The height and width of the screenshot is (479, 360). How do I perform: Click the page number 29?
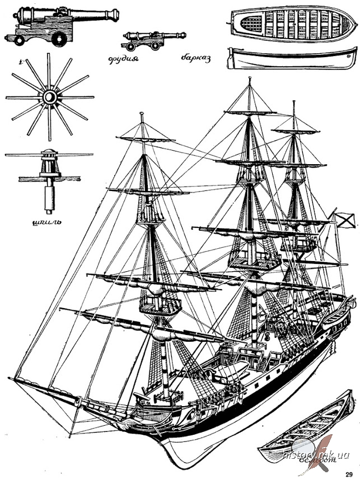[349, 472]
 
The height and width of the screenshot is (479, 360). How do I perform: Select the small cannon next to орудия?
[146, 41]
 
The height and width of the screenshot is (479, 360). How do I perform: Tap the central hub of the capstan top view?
[49, 98]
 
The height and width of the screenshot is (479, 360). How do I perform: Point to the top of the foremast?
[142, 115]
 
